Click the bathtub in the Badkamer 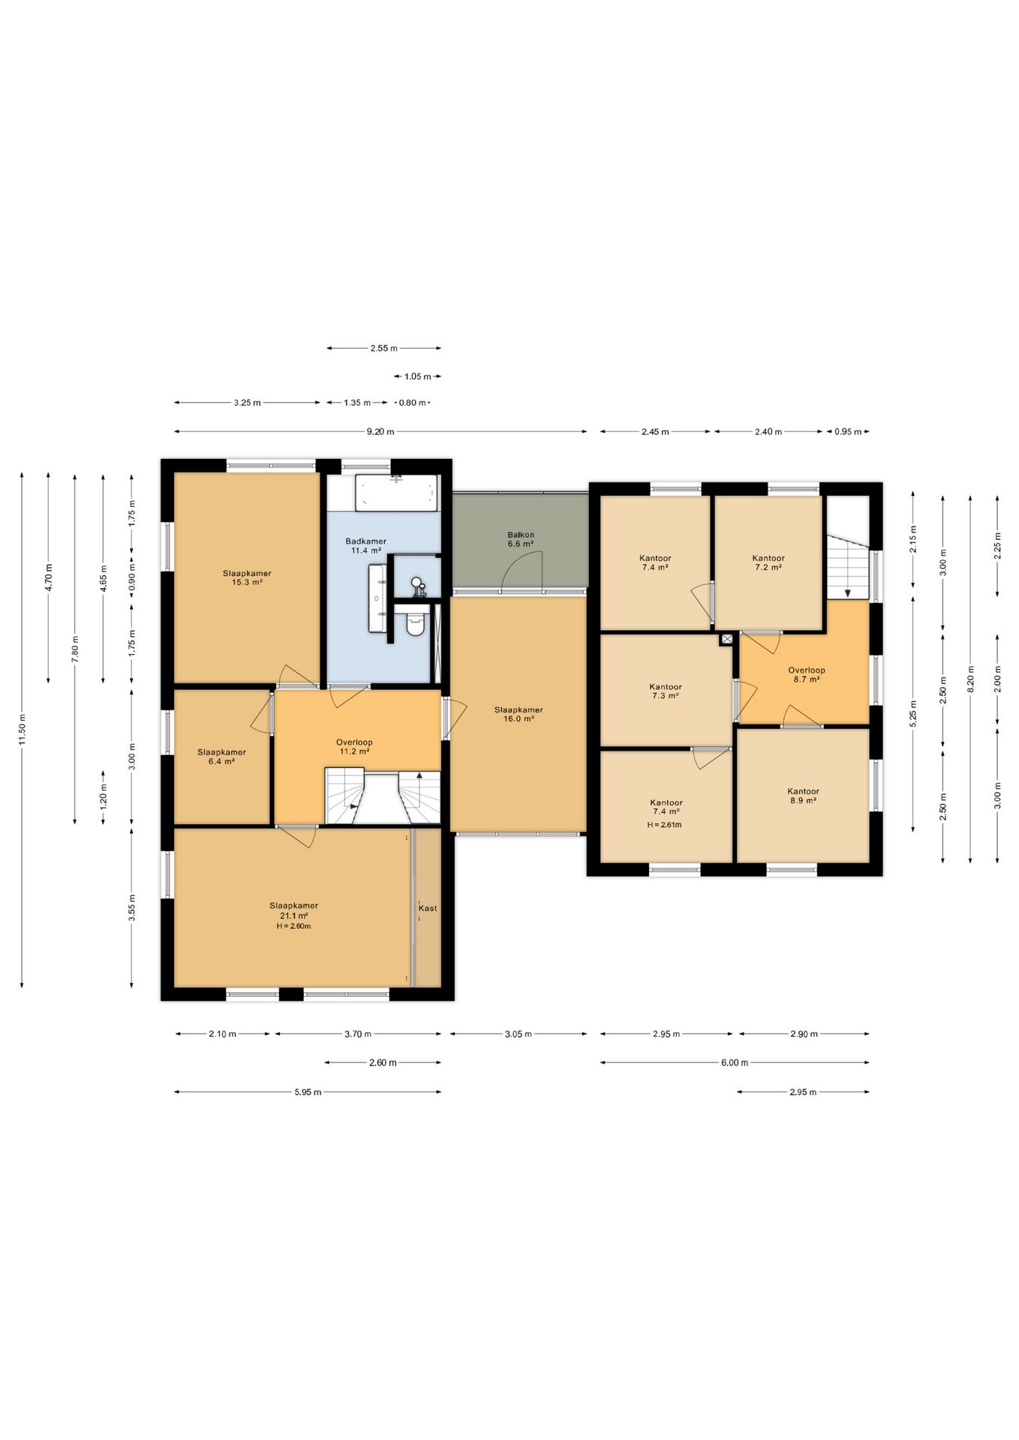[x=395, y=493]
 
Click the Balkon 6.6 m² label [x=521, y=539]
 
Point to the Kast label [x=428, y=908]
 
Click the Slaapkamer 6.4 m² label [x=221, y=757]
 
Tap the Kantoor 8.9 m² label [x=803, y=796]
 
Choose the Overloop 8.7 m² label [x=807, y=675]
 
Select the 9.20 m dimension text [x=380, y=432]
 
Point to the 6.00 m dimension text [x=735, y=1063]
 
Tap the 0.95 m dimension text [x=848, y=432]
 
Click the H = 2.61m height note [x=664, y=825]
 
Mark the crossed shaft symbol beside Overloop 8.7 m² [x=726, y=639]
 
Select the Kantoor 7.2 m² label [x=768, y=562]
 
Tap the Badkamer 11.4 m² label [x=366, y=546]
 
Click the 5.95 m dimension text [x=308, y=1092]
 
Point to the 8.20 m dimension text [x=970, y=678]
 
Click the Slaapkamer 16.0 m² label [x=519, y=714]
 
